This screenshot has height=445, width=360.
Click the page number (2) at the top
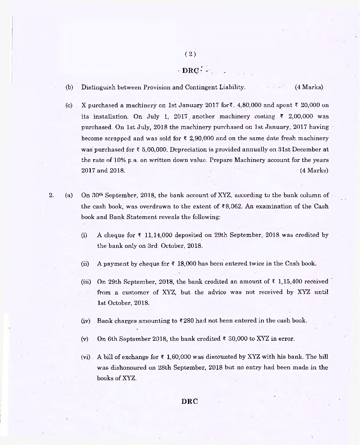pyautogui.click(x=190, y=54)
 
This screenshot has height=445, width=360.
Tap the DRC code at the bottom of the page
pyautogui.click(x=190, y=401)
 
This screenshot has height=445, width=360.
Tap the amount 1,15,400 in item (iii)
pyautogui.click(x=290, y=281)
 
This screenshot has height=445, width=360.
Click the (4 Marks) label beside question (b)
pyautogui.click(x=309, y=87)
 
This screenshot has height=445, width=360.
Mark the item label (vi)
pyautogui.click(x=86, y=357)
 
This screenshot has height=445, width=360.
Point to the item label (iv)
pyautogui.click(x=86, y=321)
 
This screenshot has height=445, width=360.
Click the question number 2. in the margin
pyautogui.click(x=51, y=195)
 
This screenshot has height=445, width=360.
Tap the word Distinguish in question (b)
pyautogui.click(x=97, y=87)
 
